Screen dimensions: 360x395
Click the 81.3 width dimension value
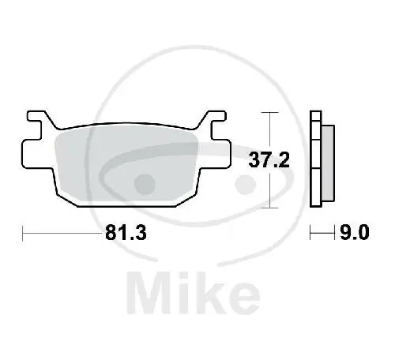pyautogui.click(x=125, y=234)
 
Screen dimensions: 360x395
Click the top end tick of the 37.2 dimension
pyautogui.click(x=272, y=114)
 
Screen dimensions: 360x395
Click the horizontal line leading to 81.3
pyautogui.click(x=63, y=234)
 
